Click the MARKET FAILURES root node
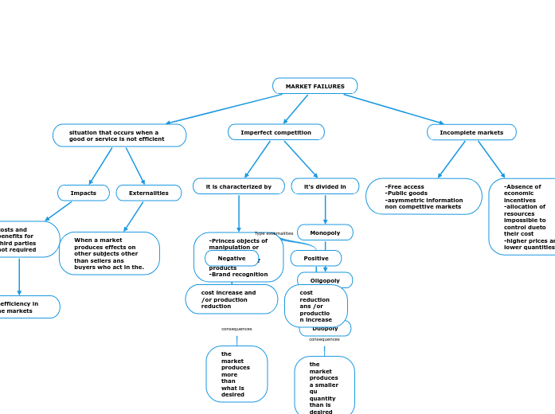click(315, 86)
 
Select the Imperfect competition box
click(276, 132)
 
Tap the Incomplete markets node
click(471, 132)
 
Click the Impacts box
click(84, 193)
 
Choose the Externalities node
click(149, 193)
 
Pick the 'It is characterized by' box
click(238, 186)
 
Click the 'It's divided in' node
click(325, 186)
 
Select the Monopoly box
click(325, 232)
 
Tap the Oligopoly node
click(325, 279)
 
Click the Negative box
click(232, 258)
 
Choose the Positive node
click(316, 258)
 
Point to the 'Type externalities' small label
click(274, 233)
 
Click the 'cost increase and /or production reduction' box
click(231, 299)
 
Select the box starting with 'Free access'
click(424, 197)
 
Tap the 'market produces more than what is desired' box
click(236, 373)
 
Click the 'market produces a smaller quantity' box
click(324, 387)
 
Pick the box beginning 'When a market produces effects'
click(109, 253)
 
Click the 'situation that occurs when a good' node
click(119, 135)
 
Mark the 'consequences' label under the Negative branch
click(236, 329)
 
